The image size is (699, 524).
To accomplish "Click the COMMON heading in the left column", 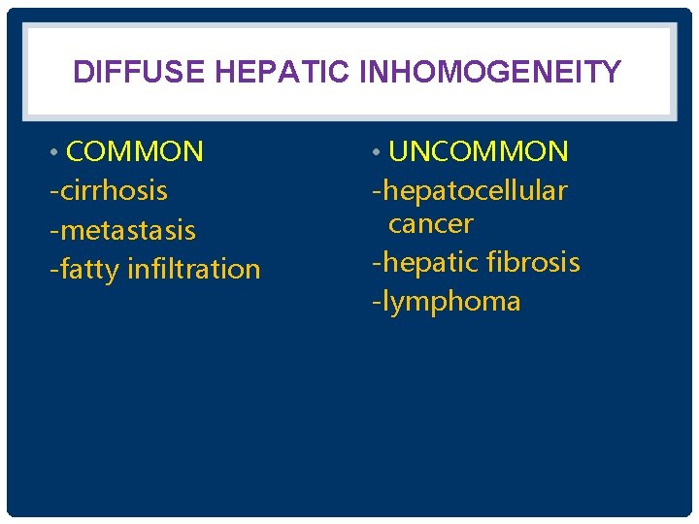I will (135, 152).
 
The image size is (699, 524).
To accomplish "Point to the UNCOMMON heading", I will (478, 152).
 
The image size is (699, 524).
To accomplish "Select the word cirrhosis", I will (114, 191).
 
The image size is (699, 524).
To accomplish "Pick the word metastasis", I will (127, 231).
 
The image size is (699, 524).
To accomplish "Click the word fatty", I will (89, 270).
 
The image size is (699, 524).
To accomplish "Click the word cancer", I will (430, 224).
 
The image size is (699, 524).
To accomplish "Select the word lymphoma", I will (450, 302).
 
